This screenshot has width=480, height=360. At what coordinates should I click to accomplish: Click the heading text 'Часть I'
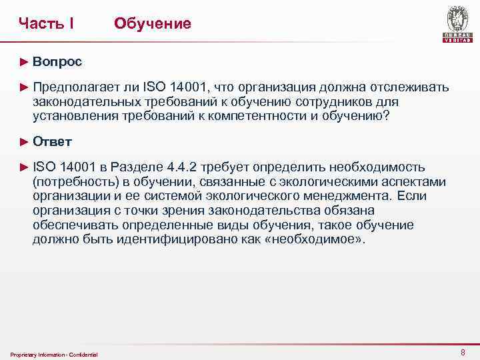(x=46, y=24)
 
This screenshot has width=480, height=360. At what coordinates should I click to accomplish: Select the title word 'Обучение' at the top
(x=153, y=24)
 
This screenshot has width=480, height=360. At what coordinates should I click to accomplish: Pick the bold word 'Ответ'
(x=53, y=141)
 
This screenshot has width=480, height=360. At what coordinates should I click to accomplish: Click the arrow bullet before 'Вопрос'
(x=24, y=62)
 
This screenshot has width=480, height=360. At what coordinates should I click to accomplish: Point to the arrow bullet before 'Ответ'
(x=24, y=141)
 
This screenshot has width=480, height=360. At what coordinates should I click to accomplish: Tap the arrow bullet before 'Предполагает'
(x=24, y=88)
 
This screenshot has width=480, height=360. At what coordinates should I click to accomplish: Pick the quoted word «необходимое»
(x=313, y=238)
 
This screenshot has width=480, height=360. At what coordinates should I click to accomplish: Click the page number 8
(x=463, y=351)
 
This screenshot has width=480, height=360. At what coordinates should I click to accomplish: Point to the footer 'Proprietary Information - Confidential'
(x=55, y=354)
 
